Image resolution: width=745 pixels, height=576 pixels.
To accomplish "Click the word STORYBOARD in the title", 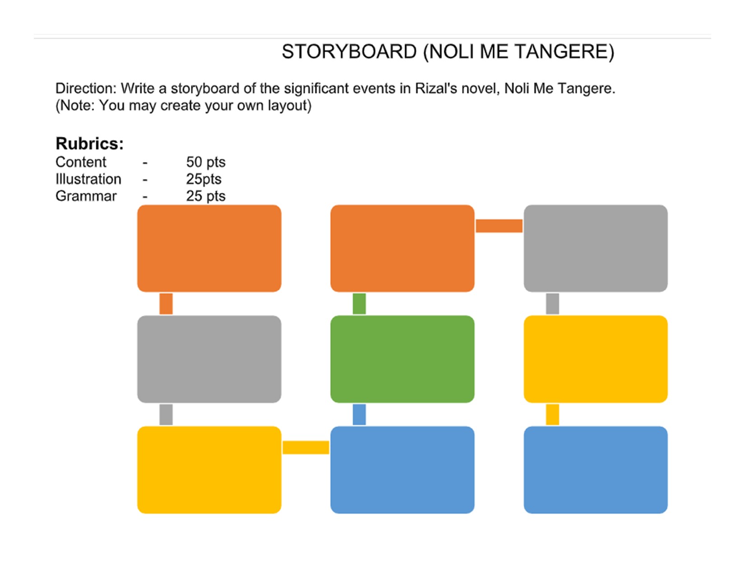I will (349, 52).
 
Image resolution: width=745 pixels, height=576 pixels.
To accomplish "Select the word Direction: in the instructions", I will (86, 89).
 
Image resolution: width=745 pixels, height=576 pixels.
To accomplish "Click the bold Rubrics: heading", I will (89, 144).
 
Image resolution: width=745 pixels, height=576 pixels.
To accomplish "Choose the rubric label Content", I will (81, 162).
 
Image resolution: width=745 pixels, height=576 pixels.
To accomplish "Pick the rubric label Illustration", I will (88, 179).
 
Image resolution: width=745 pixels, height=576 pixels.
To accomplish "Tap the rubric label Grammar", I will (86, 197).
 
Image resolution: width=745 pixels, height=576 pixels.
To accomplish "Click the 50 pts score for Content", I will (205, 162).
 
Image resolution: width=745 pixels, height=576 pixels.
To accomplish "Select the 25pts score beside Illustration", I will (204, 179).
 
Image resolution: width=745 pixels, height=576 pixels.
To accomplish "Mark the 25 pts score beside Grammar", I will (205, 197).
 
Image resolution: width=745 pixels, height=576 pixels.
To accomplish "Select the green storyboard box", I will (402, 359).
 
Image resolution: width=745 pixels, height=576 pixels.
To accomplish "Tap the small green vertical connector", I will (359, 304).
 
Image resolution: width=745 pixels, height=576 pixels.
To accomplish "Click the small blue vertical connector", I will (359, 414).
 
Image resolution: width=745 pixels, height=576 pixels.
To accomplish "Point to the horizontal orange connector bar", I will (499, 225).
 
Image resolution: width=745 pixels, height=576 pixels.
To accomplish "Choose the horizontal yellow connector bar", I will (306, 447).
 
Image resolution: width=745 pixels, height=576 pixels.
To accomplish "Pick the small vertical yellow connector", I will (552, 414).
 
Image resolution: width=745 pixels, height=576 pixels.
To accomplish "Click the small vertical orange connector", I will (166, 304).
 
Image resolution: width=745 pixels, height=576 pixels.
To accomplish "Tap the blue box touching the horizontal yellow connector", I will (402, 470).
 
